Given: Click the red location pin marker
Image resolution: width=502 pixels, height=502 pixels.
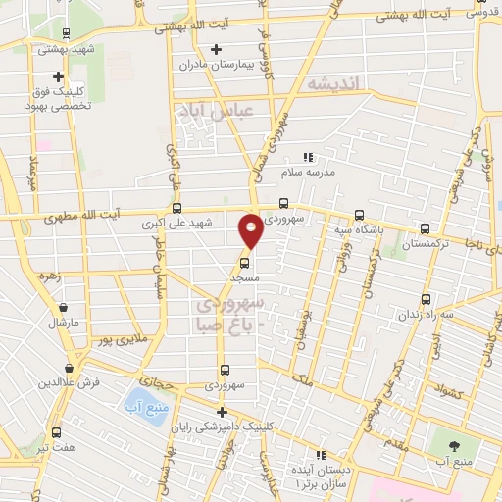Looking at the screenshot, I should click(251, 230).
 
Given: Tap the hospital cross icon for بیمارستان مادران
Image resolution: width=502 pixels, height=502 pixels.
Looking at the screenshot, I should click(217, 49).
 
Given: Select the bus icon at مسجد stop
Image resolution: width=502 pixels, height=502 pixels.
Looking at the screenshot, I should click(244, 262).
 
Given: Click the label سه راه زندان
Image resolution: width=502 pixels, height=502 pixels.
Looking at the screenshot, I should click(426, 315).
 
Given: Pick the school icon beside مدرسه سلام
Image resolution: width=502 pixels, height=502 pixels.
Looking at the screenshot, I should click(308, 157).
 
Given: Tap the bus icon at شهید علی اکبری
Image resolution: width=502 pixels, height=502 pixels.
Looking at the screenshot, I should click(177, 208).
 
